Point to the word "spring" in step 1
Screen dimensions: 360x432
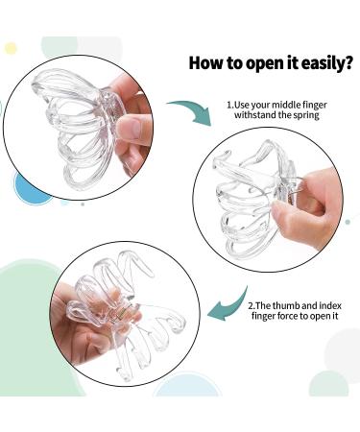[x=306, y=115]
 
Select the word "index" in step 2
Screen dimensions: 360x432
[x=331, y=305]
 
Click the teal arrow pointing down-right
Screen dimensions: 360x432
[x=190, y=110]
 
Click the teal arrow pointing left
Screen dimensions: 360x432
[x=228, y=304]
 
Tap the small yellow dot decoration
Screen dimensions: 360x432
[x=11, y=48]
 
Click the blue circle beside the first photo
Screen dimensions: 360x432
[x=28, y=189]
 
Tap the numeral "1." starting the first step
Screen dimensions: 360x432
[x=230, y=105]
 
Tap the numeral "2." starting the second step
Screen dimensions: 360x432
[x=252, y=305]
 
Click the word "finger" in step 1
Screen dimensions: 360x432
[x=314, y=106]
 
